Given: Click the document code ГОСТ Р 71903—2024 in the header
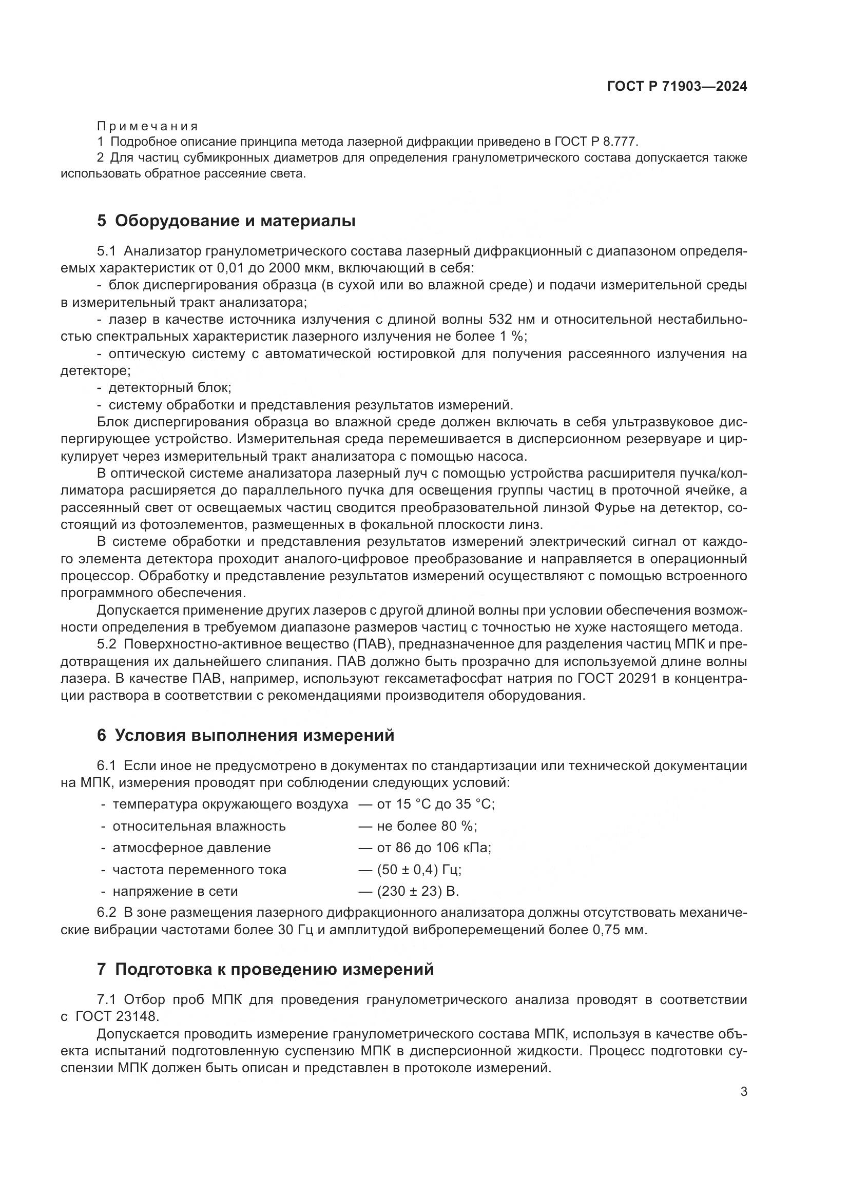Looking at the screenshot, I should (x=677, y=87).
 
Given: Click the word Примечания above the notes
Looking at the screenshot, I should (x=147, y=126).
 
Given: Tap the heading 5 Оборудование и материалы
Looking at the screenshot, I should (x=226, y=221).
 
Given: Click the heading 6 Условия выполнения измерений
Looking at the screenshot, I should (x=245, y=735).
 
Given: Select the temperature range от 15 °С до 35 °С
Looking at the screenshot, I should (x=435, y=804).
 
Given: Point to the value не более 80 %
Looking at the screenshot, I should (x=426, y=826).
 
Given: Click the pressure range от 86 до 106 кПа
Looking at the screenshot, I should (x=433, y=848).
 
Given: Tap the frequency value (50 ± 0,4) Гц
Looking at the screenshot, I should (x=418, y=870).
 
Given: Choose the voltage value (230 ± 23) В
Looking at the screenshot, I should (x=417, y=891).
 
